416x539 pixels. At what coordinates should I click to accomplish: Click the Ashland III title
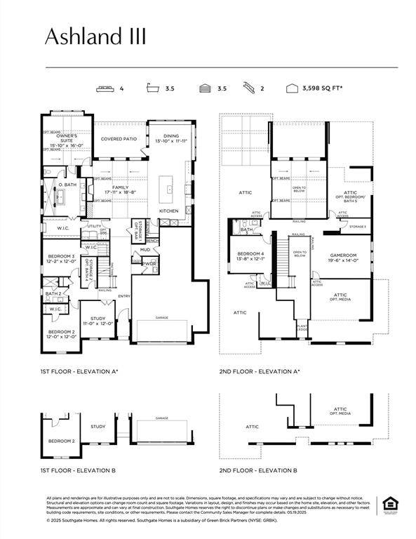[95, 36]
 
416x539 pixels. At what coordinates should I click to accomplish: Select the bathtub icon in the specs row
[152, 89]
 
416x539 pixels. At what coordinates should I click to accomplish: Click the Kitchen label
[170, 211]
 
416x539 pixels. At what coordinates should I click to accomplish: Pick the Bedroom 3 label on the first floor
[61, 259]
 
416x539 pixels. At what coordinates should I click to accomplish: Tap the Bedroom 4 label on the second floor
[250, 256]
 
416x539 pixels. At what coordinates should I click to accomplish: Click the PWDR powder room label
[149, 263]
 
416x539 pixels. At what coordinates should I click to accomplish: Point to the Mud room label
[145, 249]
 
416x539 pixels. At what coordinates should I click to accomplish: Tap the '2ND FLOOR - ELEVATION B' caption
[257, 470]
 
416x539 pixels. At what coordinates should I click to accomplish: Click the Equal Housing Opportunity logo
[388, 505]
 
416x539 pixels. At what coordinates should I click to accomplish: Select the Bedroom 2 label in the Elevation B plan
[61, 441]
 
